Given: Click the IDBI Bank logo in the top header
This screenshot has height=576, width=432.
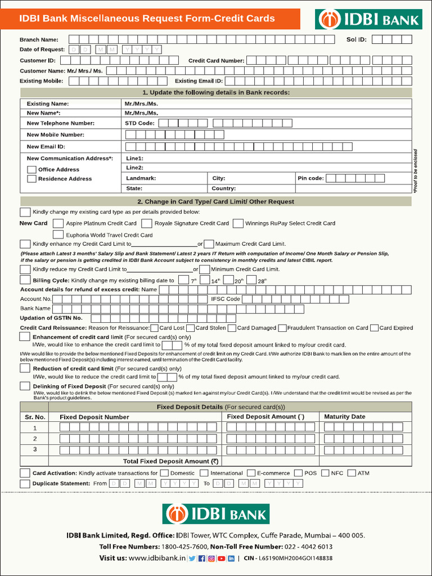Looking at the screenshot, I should pyautogui.click(x=368, y=19).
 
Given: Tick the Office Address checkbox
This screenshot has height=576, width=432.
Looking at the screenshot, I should pyautogui.click(x=32, y=169).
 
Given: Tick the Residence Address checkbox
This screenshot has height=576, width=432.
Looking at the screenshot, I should pyautogui.click(x=32, y=179).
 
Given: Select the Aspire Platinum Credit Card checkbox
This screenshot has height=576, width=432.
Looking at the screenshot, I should pyautogui.click(x=58, y=223).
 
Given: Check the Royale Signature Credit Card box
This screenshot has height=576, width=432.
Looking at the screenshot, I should pyautogui.click(x=147, y=223).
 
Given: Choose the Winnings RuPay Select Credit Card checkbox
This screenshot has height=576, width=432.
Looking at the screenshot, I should pyautogui.click(x=238, y=223).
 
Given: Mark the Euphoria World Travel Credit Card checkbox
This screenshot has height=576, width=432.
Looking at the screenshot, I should pyautogui.click(x=58, y=235).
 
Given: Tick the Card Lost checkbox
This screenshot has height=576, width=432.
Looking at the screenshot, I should pyautogui.click(x=155, y=328).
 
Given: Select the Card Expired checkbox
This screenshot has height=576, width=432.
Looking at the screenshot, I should pyautogui.click(x=374, y=328).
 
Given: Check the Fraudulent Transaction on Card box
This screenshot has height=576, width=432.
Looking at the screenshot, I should pyautogui.click(x=282, y=328).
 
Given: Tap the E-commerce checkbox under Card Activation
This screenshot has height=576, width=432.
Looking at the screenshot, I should pyautogui.click(x=250, y=473).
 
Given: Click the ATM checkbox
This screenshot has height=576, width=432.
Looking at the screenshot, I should pyautogui.click(x=352, y=473).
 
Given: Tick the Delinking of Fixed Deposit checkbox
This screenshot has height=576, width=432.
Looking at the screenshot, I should pyautogui.click(x=25, y=386).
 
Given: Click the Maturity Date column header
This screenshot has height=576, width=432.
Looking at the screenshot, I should pyautogui.click(x=345, y=417).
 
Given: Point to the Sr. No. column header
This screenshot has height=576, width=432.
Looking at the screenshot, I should pyautogui.click(x=34, y=417).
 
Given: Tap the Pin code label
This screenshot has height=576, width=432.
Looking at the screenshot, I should pyautogui.click(x=310, y=178).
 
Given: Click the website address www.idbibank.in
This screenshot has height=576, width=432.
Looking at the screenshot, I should pyautogui.click(x=157, y=558).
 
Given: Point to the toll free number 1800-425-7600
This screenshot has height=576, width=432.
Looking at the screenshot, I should pyautogui.click(x=184, y=547).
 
